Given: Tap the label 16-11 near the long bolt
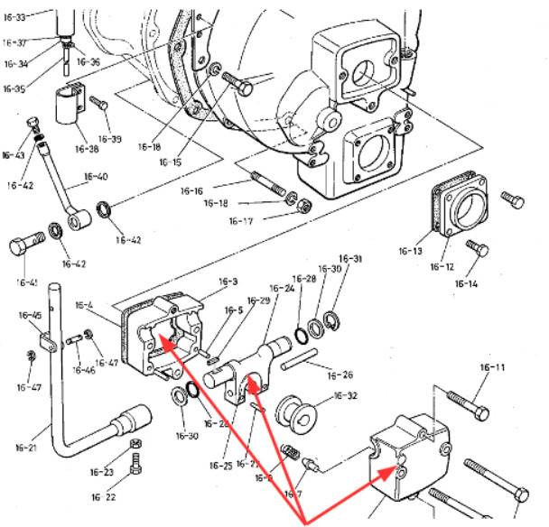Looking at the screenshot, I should click(x=492, y=368).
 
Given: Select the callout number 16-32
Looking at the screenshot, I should click(x=346, y=395).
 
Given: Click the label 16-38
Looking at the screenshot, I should click(x=88, y=149).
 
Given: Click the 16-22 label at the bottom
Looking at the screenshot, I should click(x=105, y=497).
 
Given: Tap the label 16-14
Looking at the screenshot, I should click(x=466, y=284).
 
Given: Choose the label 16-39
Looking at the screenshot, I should click(x=109, y=139).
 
